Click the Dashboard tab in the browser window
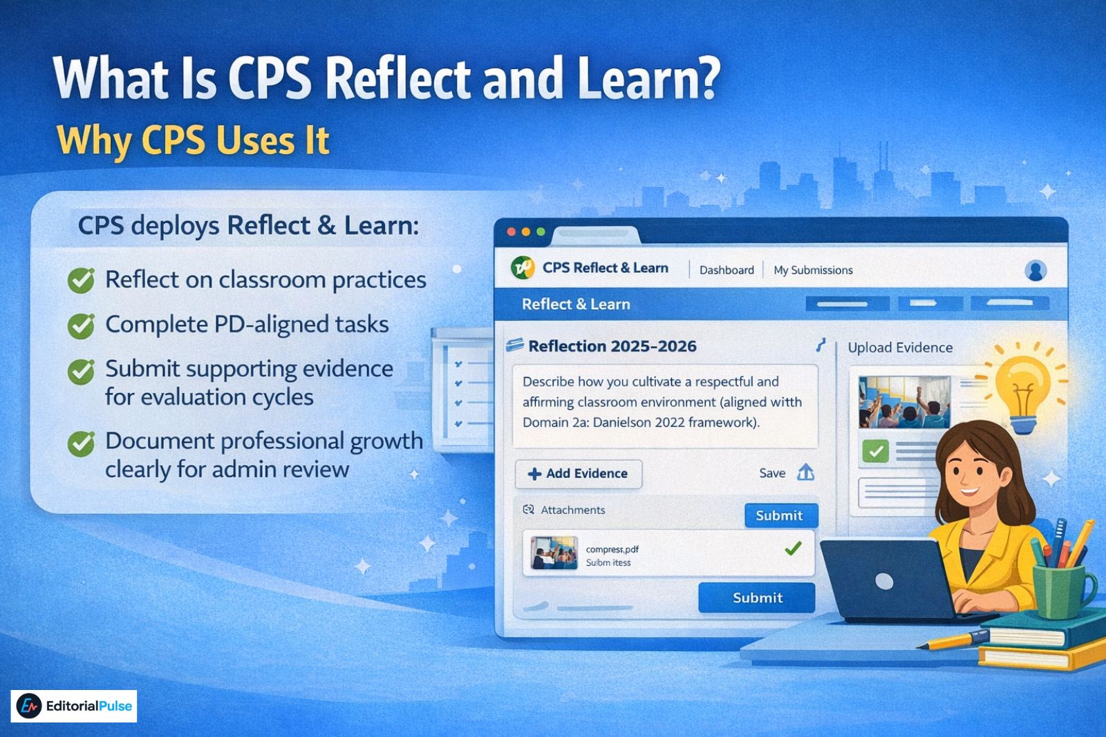click(727, 270)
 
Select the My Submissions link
click(813, 270)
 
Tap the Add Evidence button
click(579, 474)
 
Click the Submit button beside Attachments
click(780, 515)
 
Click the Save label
click(772, 473)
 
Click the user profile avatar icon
click(1035, 270)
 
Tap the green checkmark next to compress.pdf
click(793, 548)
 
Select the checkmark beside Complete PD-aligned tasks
click(81, 325)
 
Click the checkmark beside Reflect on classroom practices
click(81, 280)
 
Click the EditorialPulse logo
click(74, 706)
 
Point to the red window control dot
click(512, 232)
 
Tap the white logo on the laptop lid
click(884, 582)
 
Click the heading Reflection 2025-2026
click(612, 346)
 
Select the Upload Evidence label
click(900, 347)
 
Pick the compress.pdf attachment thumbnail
click(554, 553)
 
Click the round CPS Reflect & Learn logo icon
click(523, 267)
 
